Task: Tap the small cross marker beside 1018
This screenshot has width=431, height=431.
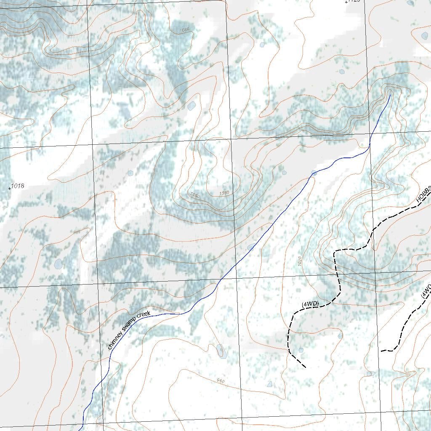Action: (10, 189)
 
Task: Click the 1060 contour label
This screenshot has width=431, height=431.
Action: (195, 195)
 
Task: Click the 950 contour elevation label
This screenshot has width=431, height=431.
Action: (221, 380)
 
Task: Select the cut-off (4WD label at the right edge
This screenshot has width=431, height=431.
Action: (426, 291)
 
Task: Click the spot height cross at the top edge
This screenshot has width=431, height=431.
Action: (346, 3)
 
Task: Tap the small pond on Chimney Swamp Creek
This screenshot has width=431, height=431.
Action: (314, 173)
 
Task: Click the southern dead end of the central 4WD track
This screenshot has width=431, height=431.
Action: (305, 367)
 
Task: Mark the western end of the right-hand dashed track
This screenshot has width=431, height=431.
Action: (381, 351)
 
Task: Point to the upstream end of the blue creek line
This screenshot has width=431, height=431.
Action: (390, 95)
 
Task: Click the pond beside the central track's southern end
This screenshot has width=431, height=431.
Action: (301, 350)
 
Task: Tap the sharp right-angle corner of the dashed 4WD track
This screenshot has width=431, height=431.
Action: (335, 252)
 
